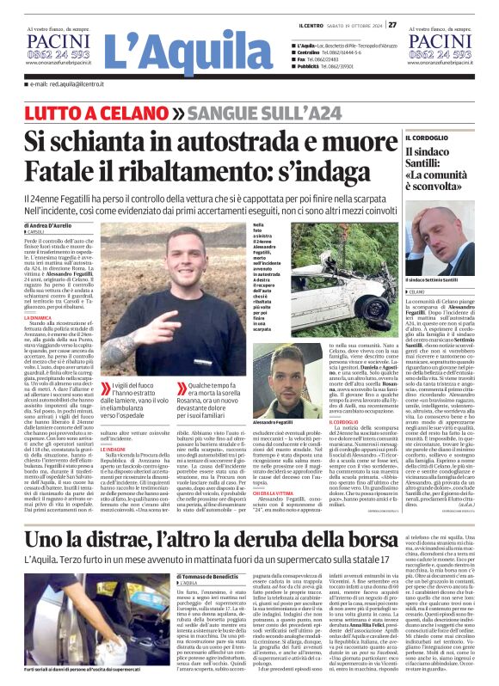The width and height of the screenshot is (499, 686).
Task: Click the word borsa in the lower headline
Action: pos(336,539)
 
